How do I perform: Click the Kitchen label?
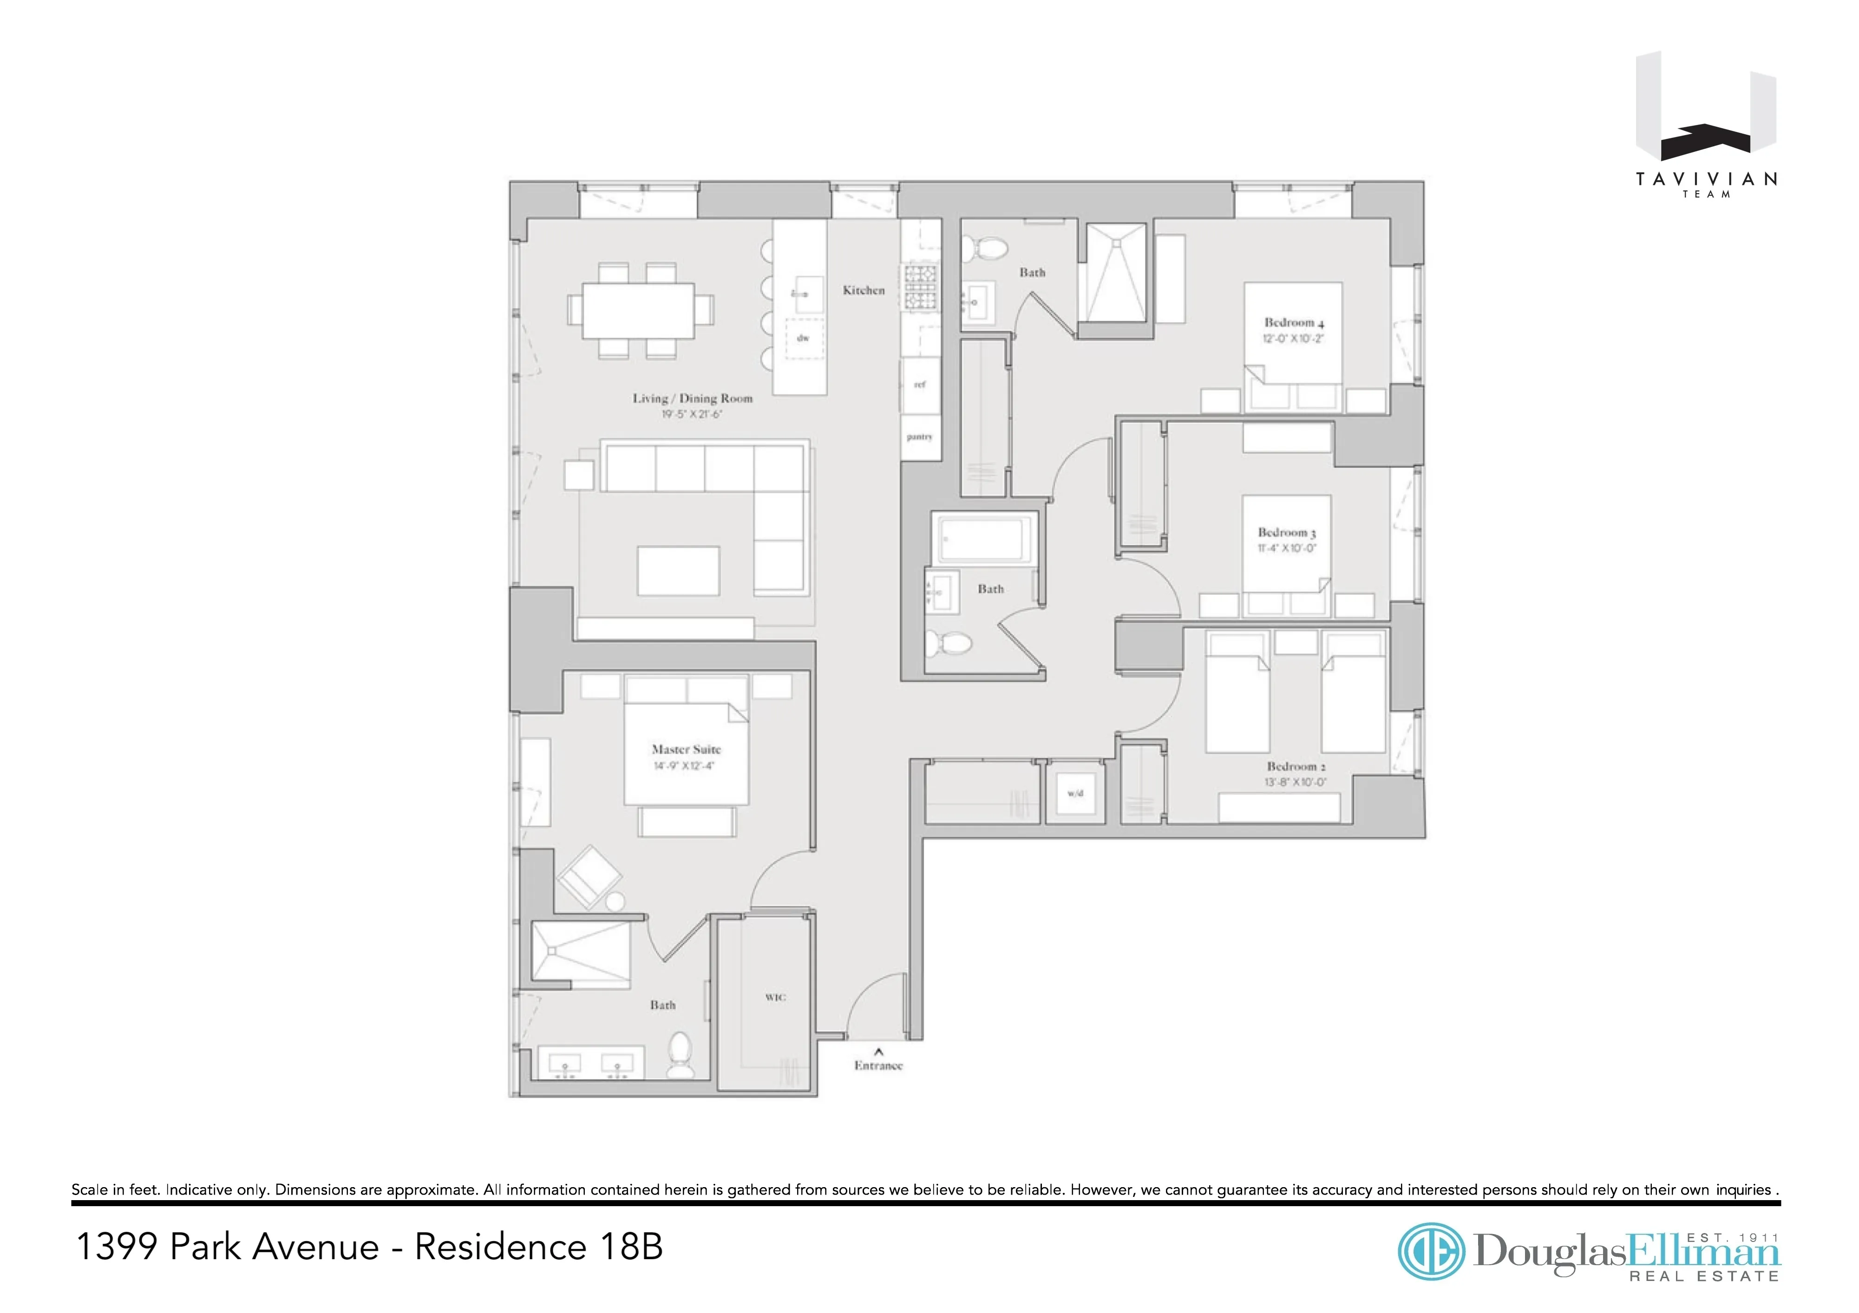click(863, 290)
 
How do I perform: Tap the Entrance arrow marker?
click(878, 1052)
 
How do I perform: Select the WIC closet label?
click(775, 997)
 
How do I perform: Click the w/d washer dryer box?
click(1075, 793)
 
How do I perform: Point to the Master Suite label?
click(686, 750)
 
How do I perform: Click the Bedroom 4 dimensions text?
click(1293, 339)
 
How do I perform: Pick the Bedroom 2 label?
click(1296, 766)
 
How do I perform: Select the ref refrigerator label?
click(920, 385)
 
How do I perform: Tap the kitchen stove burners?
click(921, 288)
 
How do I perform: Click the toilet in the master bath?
click(680, 1056)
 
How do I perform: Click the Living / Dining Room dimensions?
click(692, 414)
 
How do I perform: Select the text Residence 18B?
click(538, 1247)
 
